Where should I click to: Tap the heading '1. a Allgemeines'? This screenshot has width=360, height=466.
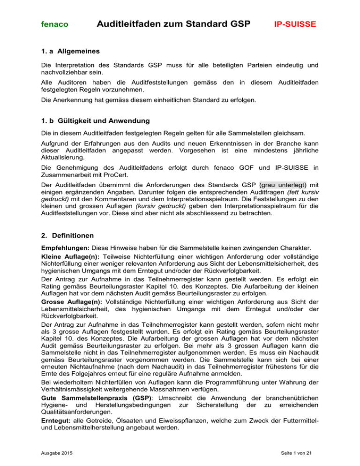[67, 50]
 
